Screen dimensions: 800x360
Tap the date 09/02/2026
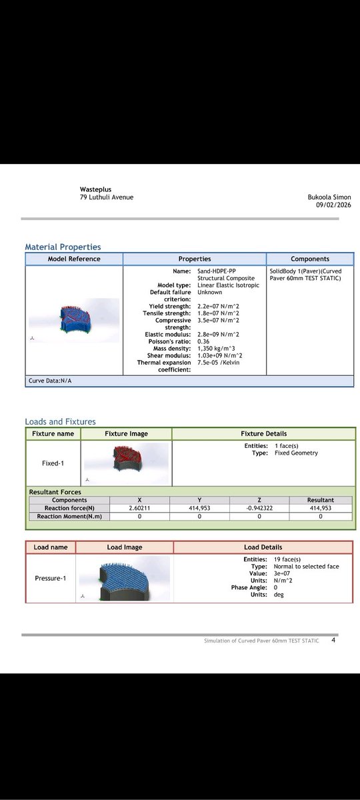tap(334, 205)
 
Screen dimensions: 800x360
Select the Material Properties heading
tap(63, 247)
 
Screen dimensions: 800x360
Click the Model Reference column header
tap(74, 259)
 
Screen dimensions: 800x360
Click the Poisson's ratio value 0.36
tap(204, 341)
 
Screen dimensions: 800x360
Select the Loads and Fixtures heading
tap(60, 421)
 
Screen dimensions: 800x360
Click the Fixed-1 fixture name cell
tap(53, 461)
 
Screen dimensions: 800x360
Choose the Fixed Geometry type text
tap(296, 453)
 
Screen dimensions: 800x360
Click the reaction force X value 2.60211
tap(139, 508)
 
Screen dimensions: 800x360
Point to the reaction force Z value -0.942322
tap(259, 508)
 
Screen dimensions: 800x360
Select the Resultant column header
tap(321, 500)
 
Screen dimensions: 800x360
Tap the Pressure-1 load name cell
tap(51, 578)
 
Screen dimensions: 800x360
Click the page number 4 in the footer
tap(333, 641)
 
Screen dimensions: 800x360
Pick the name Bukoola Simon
tap(329, 197)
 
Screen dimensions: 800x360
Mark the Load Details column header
tap(263, 547)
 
